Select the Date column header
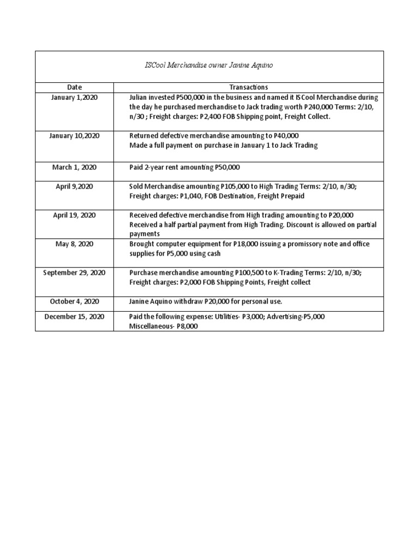(x=74, y=87)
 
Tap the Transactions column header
(x=248, y=87)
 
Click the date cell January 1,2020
(x=74, y=98)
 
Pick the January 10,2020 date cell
(x=74, y=136)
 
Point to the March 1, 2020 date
(x=74, y=167)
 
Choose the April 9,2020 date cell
(x=74, y=186)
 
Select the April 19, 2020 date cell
(x=74, y=215)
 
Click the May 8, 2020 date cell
(x=74, y=244)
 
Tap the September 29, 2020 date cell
(x=74, y=272)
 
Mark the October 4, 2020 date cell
(x=74, y=301)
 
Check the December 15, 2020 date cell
(x=74, y=317)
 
